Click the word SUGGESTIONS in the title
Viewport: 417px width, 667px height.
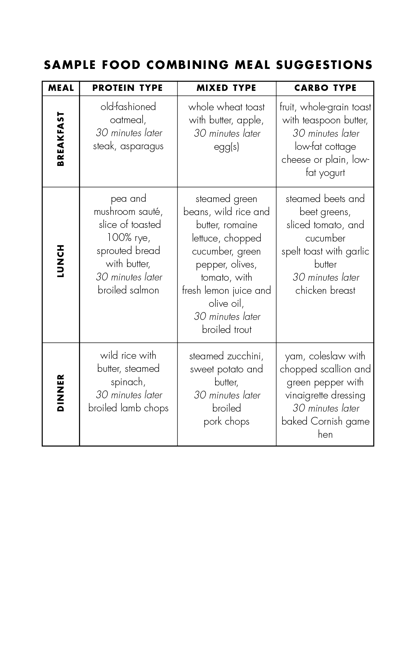click(x=324, y=65)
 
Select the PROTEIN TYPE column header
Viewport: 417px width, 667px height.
click(x=128, y=88)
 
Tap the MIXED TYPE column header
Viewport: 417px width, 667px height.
click(x=226, y=88)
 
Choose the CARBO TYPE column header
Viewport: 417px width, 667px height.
click(x=325, y=88)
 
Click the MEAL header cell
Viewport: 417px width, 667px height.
click(x=61, y=88)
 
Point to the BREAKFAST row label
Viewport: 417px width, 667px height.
click(x=61, y=139)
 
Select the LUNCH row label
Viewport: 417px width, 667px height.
click(x=61, y=261)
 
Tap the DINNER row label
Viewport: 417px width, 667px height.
click(x=61, y=393)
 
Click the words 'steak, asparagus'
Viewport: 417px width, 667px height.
click(x=128, y=146)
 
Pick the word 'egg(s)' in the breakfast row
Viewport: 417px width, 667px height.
click(x=227, y=147)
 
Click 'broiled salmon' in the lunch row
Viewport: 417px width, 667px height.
click(x=128, y=290)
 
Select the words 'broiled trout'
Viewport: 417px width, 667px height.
click(x=227, y=330)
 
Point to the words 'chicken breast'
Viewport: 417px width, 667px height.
click(x=325, y=290)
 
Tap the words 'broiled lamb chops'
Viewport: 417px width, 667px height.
click(x=128, y=408)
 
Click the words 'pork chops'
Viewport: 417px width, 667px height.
click(x=227, y=422)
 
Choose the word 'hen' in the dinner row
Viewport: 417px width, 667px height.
click(x=325, y=434)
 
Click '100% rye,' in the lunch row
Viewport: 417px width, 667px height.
click(x=128, y=238)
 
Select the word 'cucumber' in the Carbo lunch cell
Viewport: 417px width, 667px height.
click(x=325, y=238)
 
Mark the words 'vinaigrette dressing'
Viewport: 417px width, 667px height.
click(x=325, y=395)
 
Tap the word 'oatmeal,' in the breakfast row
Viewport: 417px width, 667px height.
click(x=128, y=120)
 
